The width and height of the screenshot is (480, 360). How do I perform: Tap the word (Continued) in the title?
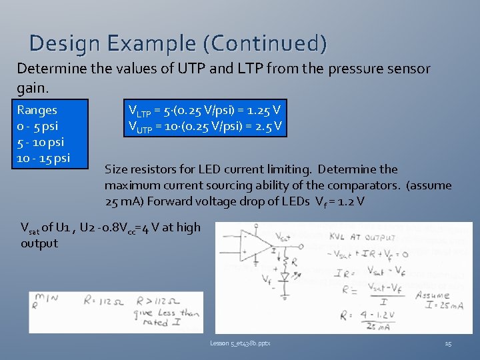click(266, 43)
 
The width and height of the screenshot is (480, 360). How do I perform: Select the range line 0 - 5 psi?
click(37, 126)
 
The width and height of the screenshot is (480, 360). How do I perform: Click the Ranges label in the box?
click(37, 110)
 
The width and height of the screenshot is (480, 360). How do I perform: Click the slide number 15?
click(448, 343)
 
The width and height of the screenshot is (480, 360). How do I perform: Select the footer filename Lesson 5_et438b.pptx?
click(240, 343)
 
